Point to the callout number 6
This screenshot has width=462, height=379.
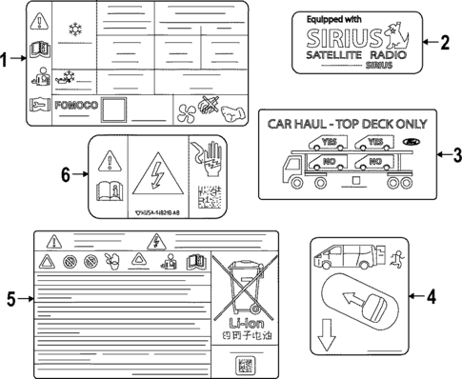[x=66, y=174]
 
